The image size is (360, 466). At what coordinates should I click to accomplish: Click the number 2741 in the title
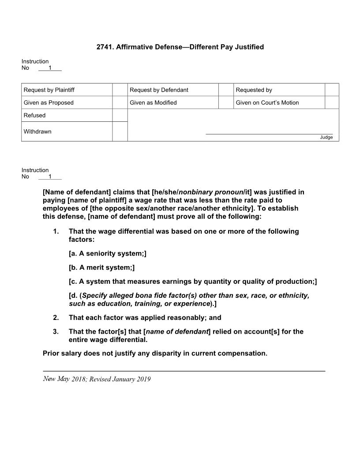click(105, 47)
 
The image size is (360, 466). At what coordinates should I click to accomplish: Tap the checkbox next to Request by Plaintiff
click(120, 90)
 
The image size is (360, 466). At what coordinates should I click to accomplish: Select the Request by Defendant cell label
click(159, 90)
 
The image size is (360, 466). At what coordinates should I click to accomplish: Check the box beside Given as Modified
click(225, 102)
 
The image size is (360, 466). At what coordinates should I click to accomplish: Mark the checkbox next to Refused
click(120, 115)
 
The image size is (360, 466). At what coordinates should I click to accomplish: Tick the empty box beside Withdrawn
click(120, 132)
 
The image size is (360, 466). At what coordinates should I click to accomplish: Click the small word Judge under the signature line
click(326, 137)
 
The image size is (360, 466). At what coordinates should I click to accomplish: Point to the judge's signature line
click(269, 133)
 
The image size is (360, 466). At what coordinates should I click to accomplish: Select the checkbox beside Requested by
click(332, 90)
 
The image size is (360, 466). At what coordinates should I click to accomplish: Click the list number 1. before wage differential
click(56, 232)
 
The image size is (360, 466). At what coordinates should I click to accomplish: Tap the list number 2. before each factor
click(56, 318)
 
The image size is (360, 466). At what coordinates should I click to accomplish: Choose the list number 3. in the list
click(56, 332)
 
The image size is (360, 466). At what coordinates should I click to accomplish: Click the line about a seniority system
click(107, 254)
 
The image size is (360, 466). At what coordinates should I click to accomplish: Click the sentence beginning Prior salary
click(155, 353)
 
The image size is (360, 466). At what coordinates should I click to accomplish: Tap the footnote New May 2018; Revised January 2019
click(97, 379)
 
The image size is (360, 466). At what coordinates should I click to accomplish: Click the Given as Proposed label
click(49, 103)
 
